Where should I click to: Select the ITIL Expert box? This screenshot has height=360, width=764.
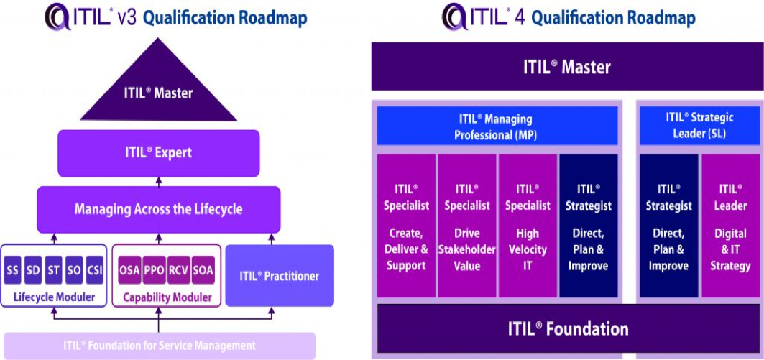tap(158, 153)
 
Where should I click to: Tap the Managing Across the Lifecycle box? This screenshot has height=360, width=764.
tap(158, 210)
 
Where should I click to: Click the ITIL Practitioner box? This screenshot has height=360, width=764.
tap(280, 275)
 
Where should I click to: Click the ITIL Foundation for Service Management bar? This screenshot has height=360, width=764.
tap(159, 346)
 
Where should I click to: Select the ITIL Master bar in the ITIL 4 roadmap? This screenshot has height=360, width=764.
tap(566, 68)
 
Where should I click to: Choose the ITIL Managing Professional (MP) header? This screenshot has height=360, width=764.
tap(497, 126)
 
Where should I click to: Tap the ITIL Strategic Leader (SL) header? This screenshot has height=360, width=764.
tap(699, 126)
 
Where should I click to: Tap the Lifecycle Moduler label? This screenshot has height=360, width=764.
tap(54, 296)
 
